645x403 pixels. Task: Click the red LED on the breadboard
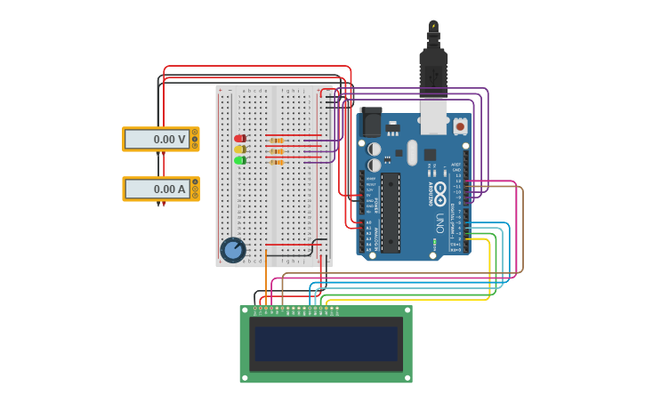[x=239, y=139]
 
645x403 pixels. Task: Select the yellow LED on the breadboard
[x=239, y=149]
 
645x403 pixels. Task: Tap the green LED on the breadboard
[x=239, y=161]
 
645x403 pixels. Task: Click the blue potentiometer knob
[x=233, y=250]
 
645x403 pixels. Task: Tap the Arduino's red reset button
[x=460, y=126]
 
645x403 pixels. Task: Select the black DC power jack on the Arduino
[x=370, y=122]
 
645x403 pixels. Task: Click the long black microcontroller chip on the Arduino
[x=391, y=212]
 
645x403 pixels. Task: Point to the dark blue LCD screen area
[x=326, y=343]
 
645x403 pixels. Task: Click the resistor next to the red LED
[x=277, y=141]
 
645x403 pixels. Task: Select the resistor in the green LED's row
[x=277, y=162]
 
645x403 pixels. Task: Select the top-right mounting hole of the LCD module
[x=407, y=310]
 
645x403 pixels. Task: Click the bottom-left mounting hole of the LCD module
[x=245, y=378]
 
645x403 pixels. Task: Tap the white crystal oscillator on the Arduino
[x=412, y=152]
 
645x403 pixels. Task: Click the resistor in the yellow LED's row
[x=277, y=151]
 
